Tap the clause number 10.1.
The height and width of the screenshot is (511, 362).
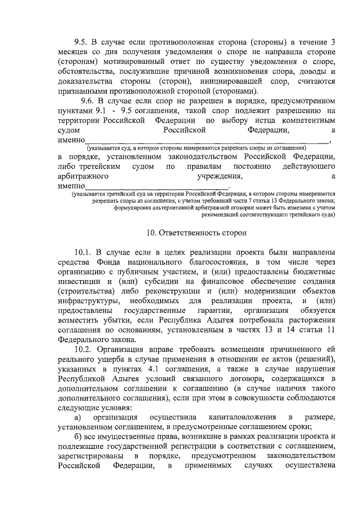pyautogui.click(x=84, y=251)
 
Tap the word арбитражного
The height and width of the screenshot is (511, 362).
pyautogui.click(x=84, y=177)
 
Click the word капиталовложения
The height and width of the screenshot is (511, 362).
pyautogui.click(x=225, y=418)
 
